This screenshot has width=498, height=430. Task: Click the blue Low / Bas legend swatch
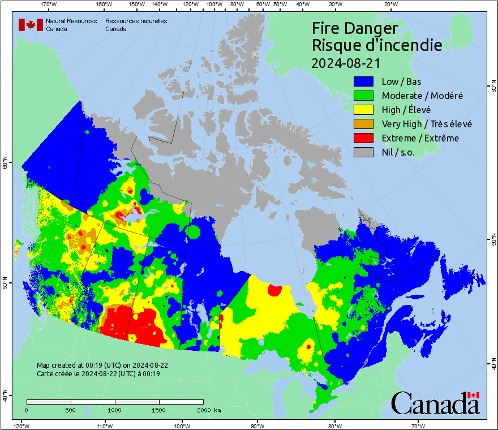pos(364,81)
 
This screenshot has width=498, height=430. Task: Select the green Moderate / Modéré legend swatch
pos(364,96)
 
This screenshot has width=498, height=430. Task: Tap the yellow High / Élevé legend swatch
pos(364,110)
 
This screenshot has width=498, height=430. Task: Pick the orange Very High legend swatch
pos(364,124)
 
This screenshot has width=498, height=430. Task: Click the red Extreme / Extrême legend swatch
pos(364,138)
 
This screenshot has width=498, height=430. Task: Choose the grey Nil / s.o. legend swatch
pos(364,152)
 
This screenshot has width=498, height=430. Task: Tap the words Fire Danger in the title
pos(355,28)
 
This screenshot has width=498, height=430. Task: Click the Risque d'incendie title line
pos(376,45)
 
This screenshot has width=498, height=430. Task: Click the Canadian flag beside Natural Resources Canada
pos(31,24)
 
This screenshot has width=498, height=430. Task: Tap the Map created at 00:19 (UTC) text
pos(102,365)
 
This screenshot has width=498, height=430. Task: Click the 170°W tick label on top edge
pos(49,5)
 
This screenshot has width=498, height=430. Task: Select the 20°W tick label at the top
pos(389,5)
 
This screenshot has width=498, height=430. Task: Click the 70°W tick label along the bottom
pos(418,425)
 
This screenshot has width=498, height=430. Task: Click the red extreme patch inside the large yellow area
pos(275,290)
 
